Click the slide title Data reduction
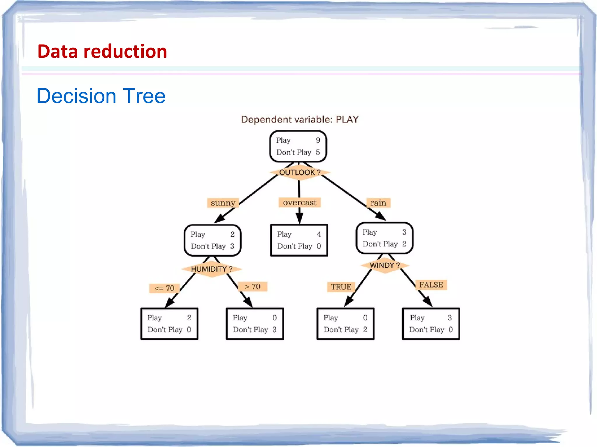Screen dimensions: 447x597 click(x=102, y=52)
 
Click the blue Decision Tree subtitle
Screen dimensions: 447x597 click(x=101, y=96)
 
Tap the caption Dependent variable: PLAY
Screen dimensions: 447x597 click(x=300, y=119)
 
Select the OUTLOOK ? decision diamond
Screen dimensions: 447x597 click(x=300, y=172)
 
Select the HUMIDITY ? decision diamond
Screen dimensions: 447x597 click(x=212, y=269)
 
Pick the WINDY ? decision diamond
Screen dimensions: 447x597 click(x=384, y=265)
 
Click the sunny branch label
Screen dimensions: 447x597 click(x=223, y=203)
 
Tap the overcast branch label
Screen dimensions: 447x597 click(x=299, y=202)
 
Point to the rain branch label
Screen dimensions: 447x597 click(x=378, y=203)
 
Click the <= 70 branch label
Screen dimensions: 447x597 click(x=164, y=288)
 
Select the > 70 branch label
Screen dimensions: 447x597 click(x=252, y=287)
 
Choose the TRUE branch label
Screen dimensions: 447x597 click(x=341, y=287)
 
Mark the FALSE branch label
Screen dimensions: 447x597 click(x=431, y=285)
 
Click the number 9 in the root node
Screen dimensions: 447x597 click(x=318, y=140)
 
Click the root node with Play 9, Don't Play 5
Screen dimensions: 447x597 click(x=298, y=146)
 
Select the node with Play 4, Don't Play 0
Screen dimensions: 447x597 click(x=299, y=240)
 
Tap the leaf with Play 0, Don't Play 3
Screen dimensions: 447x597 click(x=255, y=324)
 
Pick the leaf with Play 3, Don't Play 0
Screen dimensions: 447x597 click(x=431, y=324)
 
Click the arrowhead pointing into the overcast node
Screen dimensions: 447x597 click(x=299, y=218)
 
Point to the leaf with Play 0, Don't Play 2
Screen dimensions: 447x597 click(x=345, y=324)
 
